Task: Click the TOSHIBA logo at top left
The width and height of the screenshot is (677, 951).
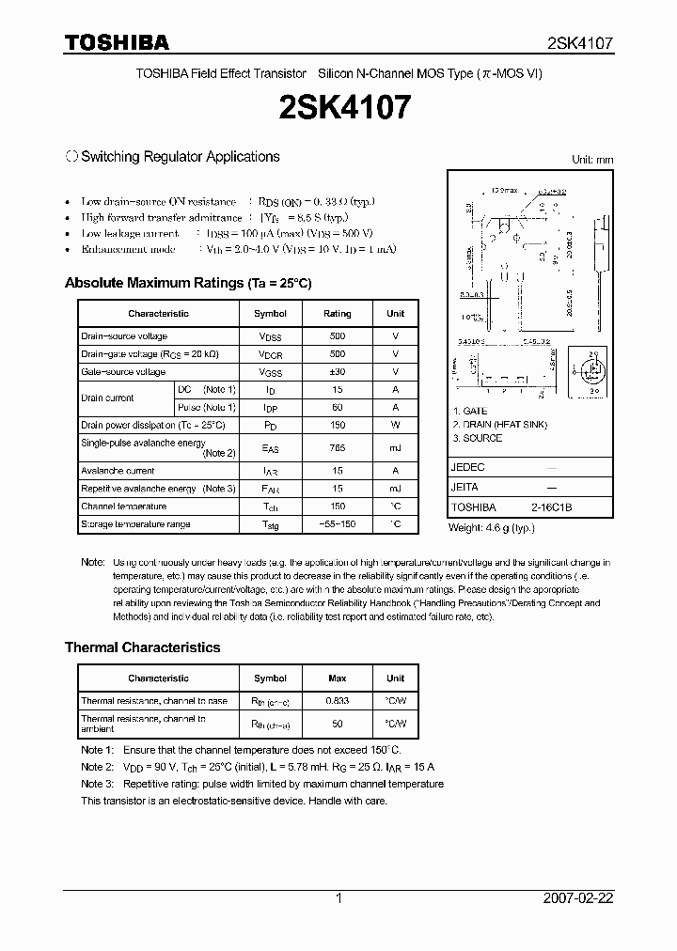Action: [117, 42]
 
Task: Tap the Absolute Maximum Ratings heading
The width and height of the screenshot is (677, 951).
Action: [187, 283]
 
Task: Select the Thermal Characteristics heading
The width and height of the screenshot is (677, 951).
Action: [142, 647]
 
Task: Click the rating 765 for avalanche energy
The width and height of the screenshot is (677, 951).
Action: [337, 448]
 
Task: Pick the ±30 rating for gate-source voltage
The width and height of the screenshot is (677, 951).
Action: [337, 372]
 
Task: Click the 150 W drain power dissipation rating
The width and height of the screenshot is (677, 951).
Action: [337, 426]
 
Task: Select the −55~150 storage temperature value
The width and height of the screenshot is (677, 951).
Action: [337, 524]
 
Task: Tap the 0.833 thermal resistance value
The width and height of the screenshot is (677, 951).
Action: [337, 701]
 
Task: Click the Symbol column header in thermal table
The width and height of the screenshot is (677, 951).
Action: [270, 678]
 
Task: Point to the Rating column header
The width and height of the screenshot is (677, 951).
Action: [337, 314]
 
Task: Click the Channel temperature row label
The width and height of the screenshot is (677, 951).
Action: [123, 507]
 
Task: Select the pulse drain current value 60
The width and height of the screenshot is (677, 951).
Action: [337, 408]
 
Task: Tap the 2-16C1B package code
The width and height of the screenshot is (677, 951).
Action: [551, 507]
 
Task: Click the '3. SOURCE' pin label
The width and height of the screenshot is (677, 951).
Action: [478, 438]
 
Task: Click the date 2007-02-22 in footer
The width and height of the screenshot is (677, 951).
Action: [577, 898]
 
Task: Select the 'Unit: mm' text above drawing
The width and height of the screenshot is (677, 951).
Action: [592, 160]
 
